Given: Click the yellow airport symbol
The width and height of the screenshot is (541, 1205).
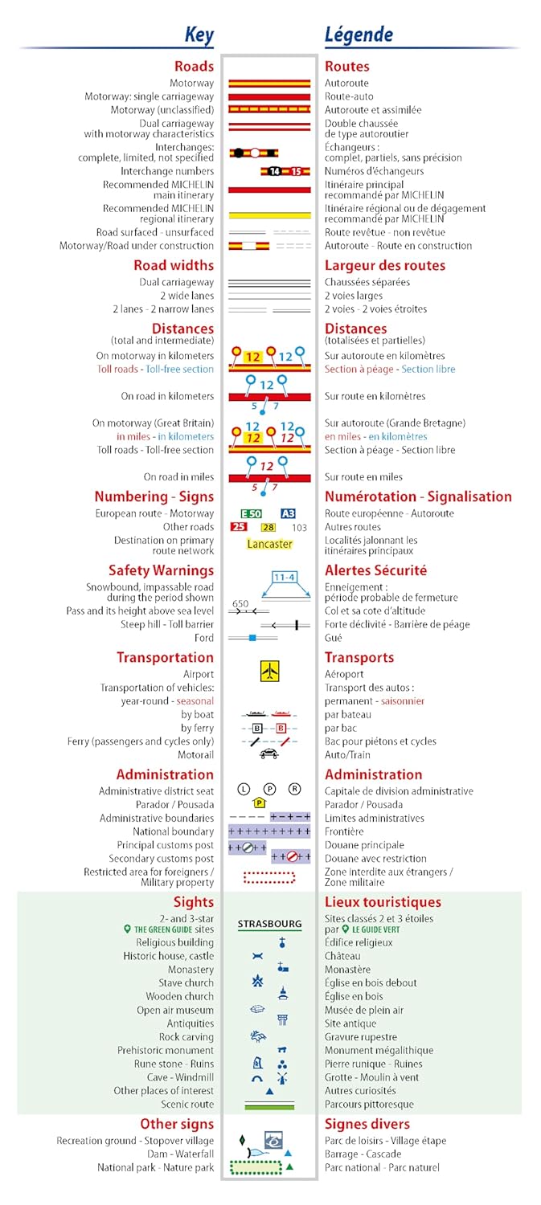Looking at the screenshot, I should point(269,672).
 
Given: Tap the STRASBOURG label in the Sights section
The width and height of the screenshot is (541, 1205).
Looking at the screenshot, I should point(269,924).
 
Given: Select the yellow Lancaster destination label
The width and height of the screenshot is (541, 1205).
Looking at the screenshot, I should point(269,544).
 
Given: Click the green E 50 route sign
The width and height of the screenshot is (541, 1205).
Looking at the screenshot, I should point(252,513).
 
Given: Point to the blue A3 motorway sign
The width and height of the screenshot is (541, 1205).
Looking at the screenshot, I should point(288,513).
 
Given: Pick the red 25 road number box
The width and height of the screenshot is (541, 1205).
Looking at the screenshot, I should point(239,527).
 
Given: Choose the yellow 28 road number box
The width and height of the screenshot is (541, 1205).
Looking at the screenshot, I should point(268,527).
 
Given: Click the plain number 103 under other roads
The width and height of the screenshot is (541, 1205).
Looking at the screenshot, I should point(299,528).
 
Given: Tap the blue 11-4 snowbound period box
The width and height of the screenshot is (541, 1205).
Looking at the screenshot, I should point(284,577).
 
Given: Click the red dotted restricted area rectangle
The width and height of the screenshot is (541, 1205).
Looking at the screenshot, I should point(269,877).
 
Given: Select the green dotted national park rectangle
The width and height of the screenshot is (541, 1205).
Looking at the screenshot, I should point(255,1167).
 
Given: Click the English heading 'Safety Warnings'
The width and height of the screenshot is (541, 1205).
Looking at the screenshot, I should point(161,570).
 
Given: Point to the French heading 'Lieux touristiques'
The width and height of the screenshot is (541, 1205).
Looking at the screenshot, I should point(383,902).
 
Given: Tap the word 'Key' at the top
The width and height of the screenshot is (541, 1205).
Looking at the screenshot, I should point(199,35).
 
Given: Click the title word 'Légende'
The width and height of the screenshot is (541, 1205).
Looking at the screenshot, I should point(359,35).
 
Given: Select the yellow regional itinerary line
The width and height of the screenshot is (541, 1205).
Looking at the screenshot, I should point(269,215).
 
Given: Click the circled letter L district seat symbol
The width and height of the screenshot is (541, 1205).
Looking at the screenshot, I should point(244,789).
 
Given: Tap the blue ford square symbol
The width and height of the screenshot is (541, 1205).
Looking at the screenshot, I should point(252,638).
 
